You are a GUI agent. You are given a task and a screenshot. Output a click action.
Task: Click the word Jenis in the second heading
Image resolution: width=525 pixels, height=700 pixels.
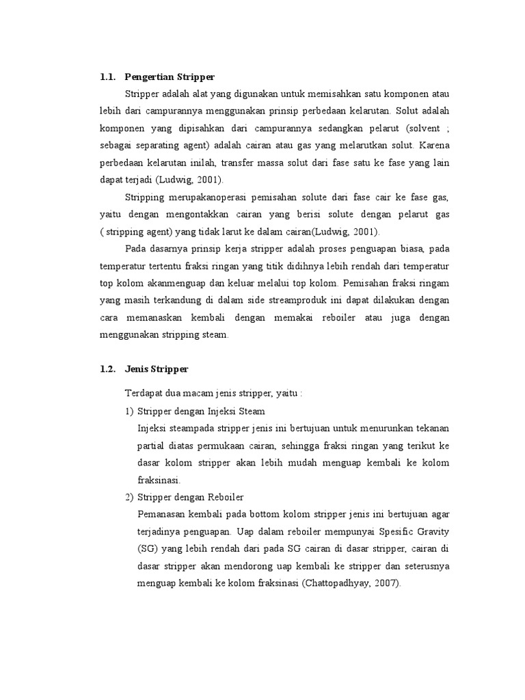[x=137, y=369]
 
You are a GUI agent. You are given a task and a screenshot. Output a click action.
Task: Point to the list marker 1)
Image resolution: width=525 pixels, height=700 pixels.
[x=130, y=412]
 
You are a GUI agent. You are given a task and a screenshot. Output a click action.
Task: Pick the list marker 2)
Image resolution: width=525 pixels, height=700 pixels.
[x=130, y=497]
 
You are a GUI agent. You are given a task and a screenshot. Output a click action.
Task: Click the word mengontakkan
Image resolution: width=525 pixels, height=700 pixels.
[x=191, y=214]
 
